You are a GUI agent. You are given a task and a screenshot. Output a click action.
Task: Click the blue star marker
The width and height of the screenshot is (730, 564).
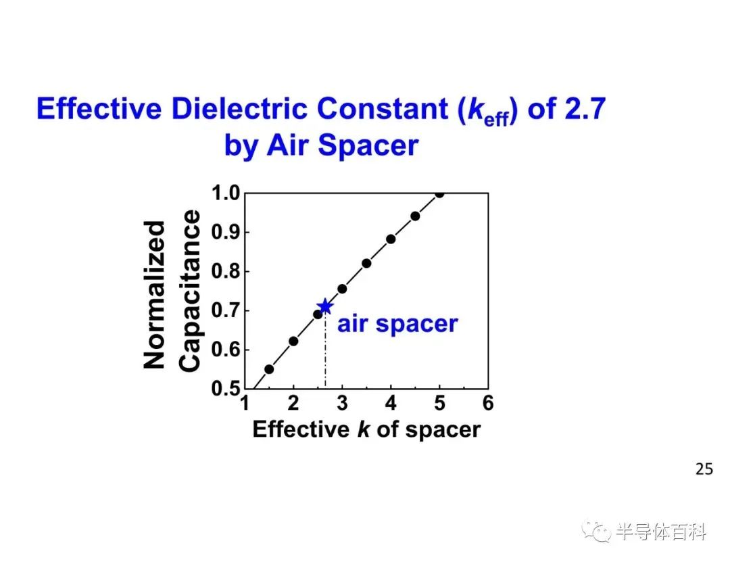click(x=325, y=306)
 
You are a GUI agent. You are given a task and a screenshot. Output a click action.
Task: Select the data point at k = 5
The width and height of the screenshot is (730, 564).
click(x=439, y=193)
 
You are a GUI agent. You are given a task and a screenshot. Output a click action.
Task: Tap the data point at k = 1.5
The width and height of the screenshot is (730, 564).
click(x=269, y=369)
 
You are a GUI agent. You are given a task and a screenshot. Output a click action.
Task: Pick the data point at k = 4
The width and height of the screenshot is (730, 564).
click(x=391, y=239)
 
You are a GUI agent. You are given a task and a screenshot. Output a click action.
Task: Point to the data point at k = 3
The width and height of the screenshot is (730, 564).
click(x=342, y=289)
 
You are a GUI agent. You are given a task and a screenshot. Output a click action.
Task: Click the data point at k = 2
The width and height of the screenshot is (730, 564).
click(x=293, y=342)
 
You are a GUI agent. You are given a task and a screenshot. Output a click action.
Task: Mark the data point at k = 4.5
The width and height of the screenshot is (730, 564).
click(x=415, y=216)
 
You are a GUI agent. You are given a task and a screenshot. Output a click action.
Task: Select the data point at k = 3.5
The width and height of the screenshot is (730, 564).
click(x=366, y=264)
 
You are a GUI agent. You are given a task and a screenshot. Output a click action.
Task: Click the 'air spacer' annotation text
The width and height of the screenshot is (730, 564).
click(x=397, y=324)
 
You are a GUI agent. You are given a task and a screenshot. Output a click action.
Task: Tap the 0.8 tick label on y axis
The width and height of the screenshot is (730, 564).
click(x=225, y=271)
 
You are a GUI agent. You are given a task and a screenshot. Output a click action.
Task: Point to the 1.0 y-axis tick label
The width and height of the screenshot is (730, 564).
click(x=225, y=193)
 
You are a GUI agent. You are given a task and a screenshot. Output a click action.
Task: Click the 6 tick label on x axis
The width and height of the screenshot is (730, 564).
click(x=488, y=403)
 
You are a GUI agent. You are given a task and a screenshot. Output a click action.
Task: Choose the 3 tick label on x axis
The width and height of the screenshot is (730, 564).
click(x=342, y=403)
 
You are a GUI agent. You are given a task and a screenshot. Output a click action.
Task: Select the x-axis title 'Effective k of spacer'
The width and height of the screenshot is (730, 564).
click(x=366, y=429)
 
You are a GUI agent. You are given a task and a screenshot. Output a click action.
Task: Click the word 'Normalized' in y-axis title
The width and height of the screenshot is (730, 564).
click(x=154, y=295)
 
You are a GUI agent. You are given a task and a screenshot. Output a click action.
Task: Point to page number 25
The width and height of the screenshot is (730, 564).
click(x=704, y=469)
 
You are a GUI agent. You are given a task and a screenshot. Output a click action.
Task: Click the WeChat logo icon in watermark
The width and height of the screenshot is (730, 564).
click(x=597, y=532)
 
